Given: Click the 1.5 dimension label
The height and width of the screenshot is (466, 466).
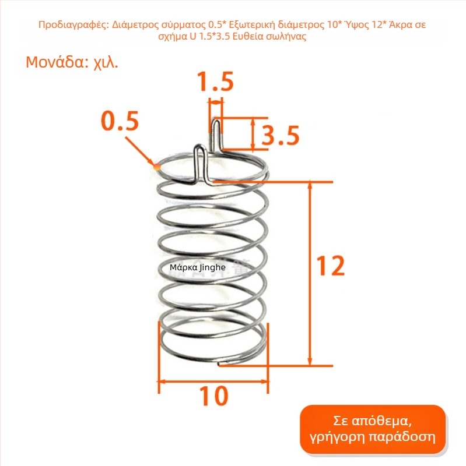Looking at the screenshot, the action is point(216,81).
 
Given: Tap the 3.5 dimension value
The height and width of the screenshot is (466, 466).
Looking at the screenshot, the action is point(280,135).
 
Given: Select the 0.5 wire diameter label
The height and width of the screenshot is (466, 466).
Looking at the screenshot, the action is point(120,121).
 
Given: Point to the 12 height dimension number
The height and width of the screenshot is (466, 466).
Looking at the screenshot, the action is point(330,266).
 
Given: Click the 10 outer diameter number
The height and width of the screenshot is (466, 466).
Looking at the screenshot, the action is point(213,396).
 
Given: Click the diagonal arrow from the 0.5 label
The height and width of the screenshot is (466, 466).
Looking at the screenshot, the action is point(140,151).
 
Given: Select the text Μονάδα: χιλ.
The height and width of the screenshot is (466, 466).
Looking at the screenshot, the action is point(72,62).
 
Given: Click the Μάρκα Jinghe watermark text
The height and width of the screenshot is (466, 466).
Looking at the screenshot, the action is point(197,267).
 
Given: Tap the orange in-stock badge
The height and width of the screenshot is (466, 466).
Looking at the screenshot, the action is point(373,429).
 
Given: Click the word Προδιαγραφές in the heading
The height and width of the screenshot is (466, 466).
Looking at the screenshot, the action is point(74,24).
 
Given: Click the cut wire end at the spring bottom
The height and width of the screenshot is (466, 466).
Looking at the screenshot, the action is point(219,364).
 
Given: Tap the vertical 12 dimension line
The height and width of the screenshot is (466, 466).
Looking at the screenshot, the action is point(310,273).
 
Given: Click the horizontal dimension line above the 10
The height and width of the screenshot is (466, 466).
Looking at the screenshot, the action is point(213,382).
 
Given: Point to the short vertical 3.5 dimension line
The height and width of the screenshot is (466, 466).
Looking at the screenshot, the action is point(253,133).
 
